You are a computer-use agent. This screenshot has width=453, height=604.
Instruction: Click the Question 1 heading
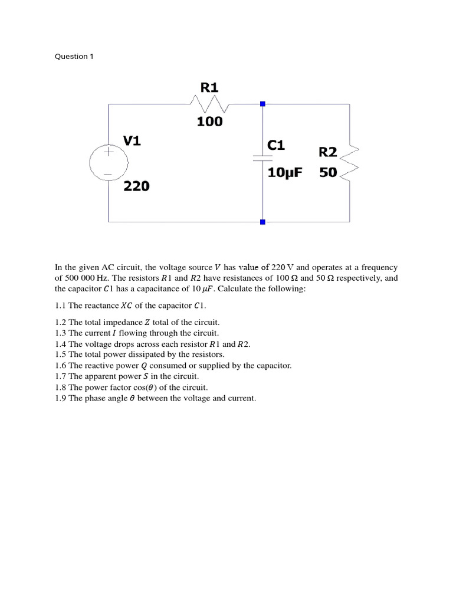click(x=74, y=57)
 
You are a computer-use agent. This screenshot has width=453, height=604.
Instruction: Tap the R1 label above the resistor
click(x=209, y=88)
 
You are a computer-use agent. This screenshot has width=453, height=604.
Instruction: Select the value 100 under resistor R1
click(x=209, y=122)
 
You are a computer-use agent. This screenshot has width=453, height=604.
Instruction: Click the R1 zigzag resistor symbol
click(x=210, y=104)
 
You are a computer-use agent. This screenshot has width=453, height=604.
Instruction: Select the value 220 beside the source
click(x=136, y=186)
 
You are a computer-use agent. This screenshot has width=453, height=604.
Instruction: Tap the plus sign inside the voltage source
click(x=109, y=152)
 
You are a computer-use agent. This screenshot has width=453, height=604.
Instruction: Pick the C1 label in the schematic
click(x=276, y=145)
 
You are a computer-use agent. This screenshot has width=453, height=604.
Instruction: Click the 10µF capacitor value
click(x=284, y=173)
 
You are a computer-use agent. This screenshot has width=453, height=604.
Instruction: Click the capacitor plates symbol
click(x=262, y=158)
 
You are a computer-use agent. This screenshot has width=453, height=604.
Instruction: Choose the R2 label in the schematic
click(x=328, y=152)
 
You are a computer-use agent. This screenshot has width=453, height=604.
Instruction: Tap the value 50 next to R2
click(x=328, y=173)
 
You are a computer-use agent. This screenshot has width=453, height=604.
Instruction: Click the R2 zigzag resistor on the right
click(x=349, y=162)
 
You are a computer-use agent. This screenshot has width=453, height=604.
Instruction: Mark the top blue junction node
click(x=262, y=104)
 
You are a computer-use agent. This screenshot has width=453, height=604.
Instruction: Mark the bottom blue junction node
click(x=262, y=222)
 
